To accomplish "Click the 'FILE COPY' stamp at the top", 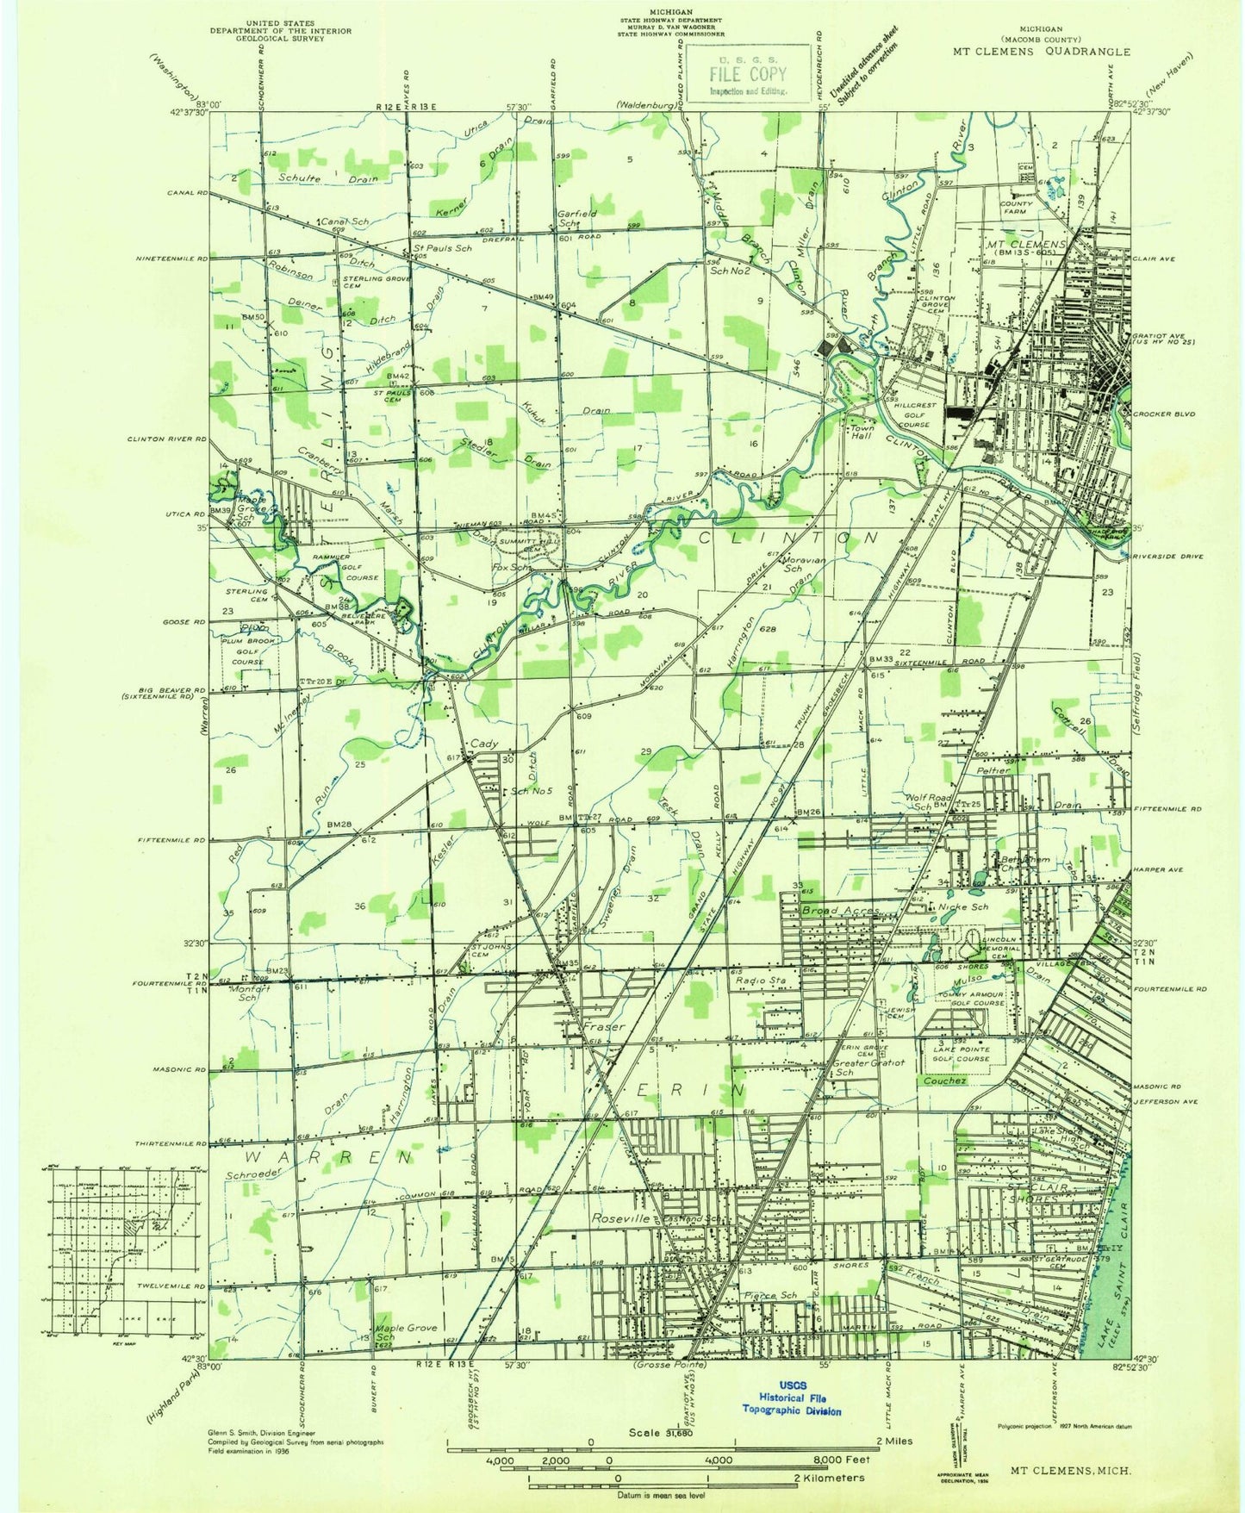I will click(x=748, y=74).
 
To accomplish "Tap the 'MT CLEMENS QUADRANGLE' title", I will click(x=1041, y=51).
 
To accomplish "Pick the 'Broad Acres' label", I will click(x=840, y=910).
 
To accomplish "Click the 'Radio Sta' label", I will click(x=759, y=980).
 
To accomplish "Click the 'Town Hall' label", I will click(x=862, y=431).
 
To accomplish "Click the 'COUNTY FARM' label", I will click(x=1016, y=208).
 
